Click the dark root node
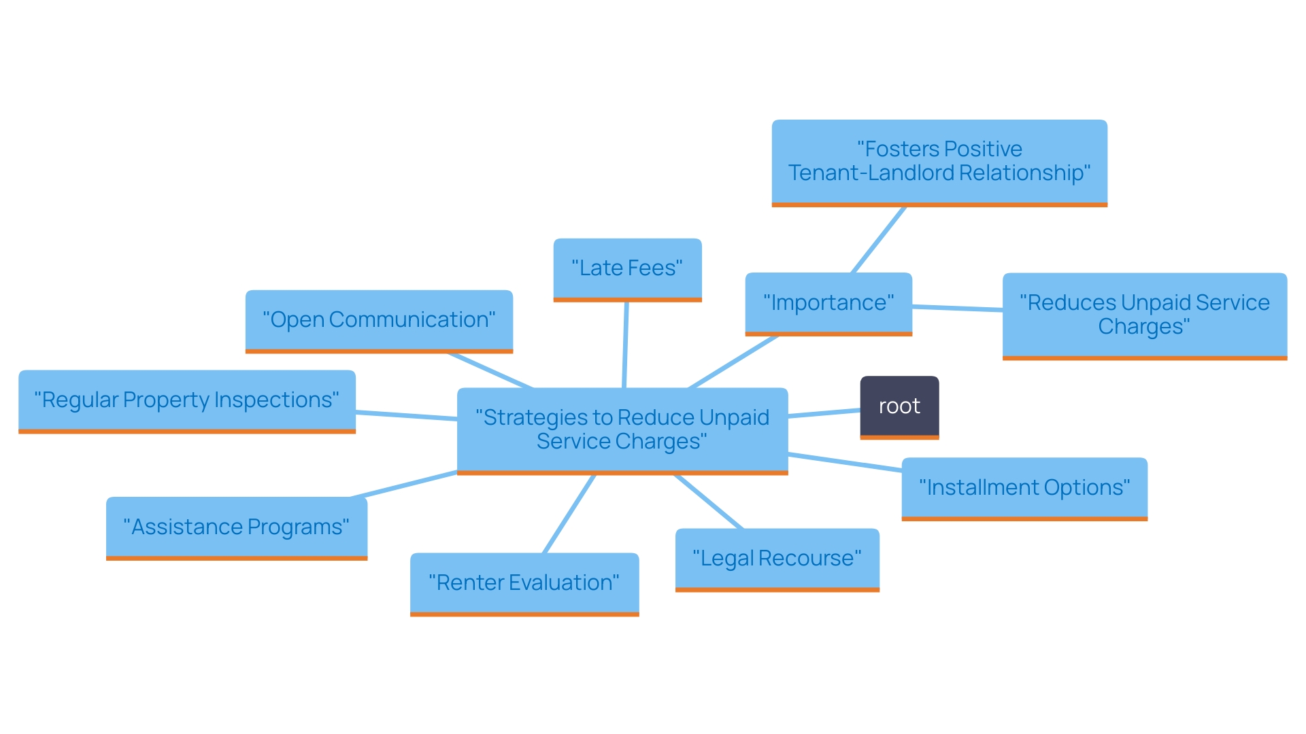point(899,406)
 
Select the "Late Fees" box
point(627,268)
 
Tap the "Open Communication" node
point(379,320)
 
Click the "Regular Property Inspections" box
point(187,400)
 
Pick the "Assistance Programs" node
point(237,527)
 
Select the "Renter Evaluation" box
point(524,583)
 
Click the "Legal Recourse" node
point(777,559)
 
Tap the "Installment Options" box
point(1024,488)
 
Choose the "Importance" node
point(828,303)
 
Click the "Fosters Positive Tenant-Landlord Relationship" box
point(939,162)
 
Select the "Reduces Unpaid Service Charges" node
point(1145,315)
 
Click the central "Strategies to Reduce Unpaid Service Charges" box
point(622,430)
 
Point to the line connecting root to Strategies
point(824,413)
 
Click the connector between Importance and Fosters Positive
point(879,240)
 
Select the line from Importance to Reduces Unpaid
point(957,309)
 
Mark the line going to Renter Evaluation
point(569,514)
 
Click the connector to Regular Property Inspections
point(406,415)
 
